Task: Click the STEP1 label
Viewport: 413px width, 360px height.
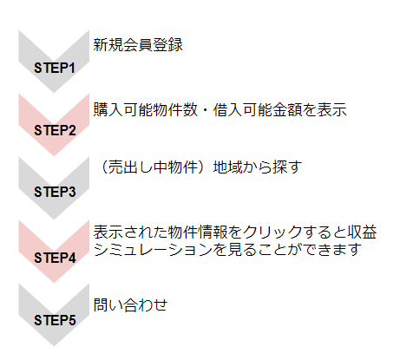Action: point(55,68)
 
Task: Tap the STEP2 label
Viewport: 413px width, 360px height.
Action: point(55,130)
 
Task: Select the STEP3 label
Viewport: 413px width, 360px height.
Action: point(55,192)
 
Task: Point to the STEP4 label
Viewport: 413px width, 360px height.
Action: point(55,258)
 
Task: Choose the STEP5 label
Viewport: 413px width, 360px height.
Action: point(55,320)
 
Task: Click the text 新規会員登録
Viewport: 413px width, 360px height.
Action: point(138,45)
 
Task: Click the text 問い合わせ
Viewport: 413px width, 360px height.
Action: point(130,304)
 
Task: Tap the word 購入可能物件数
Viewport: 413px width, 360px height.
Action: point(145,110)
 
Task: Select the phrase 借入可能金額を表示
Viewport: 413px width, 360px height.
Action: point(279,110)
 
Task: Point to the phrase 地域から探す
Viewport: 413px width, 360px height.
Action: point(258,167)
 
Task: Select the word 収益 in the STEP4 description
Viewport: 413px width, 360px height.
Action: point(362,232)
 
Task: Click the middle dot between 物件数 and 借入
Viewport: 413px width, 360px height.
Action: point(206,110)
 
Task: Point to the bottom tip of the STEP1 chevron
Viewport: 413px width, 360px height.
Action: point(54,93)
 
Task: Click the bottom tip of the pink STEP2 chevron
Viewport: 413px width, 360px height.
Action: point(54,156)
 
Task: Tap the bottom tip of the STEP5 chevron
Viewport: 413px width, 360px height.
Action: point(54,346)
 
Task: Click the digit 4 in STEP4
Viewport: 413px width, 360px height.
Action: point(72,258)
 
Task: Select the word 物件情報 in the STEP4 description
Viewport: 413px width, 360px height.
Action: point(198,232)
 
